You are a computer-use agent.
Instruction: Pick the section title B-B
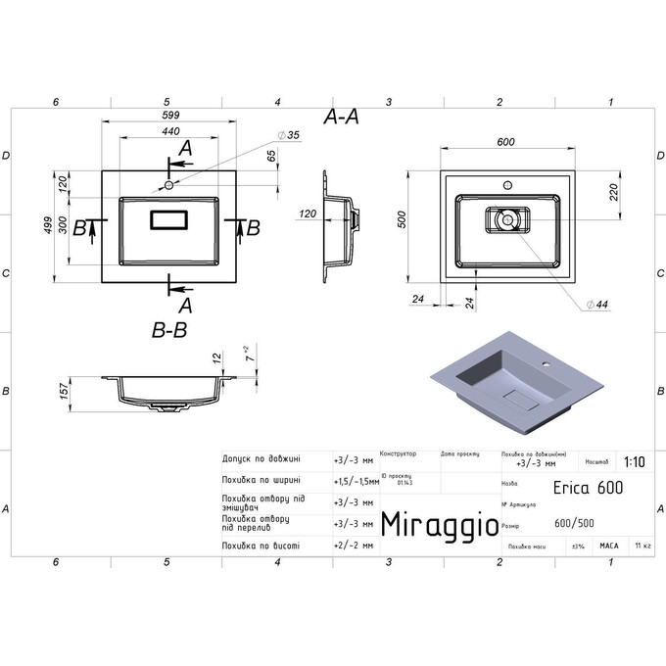click(x=168, y=332)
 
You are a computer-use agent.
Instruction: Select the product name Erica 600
click(x=589, y=487)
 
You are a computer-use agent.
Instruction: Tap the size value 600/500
click(x=573, y=522)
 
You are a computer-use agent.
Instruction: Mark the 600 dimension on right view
click(x=505, y=143)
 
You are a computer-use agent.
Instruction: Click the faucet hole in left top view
click(x=168, y=184)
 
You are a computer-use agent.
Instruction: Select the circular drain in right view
click(x=506, y=220)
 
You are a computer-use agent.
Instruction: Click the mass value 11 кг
click(x=642, y=545)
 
